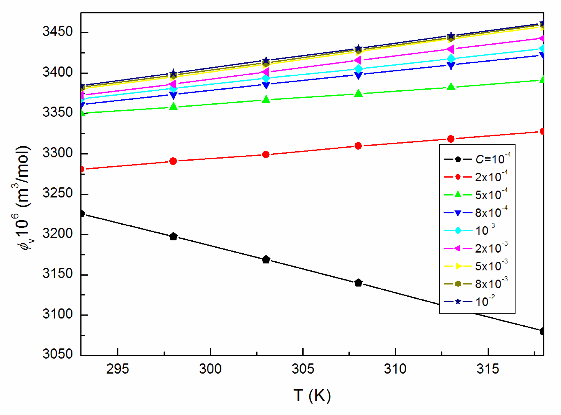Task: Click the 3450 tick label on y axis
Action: [x=57, y=32]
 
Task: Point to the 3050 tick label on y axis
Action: [x=57, y=354]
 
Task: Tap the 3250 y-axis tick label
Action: [x=57, y=193]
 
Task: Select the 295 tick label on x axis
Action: [x=117, y=369]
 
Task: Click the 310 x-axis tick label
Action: [x=395, y=369]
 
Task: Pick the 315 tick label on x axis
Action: [x=488, y=369]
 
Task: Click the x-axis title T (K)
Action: [x=312, y=396]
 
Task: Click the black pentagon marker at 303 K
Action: [x=266, y=260]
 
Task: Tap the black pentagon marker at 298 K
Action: [x=173, y=237]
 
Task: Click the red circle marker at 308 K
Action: [x=358, y=146]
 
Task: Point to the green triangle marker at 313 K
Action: [x=451, y=87]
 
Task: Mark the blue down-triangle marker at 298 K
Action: [x=173, y=95]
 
